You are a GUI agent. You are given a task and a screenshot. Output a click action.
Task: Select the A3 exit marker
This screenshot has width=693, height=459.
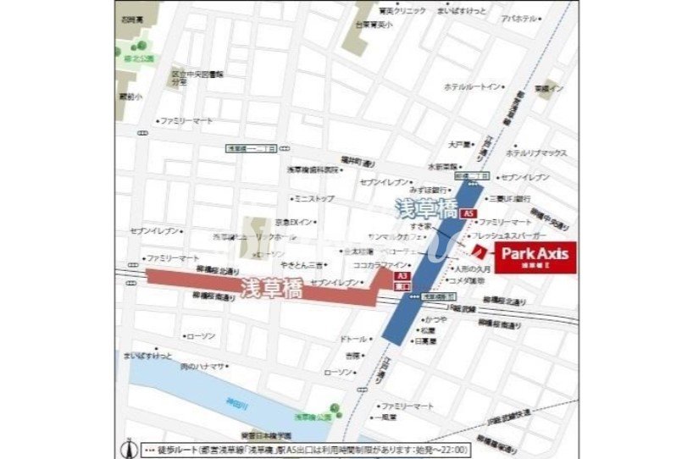point(403,276)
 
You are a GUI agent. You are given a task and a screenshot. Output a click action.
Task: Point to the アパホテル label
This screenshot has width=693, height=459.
point(518,18)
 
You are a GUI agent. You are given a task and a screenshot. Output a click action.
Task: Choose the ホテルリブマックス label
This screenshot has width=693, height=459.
point(538,153)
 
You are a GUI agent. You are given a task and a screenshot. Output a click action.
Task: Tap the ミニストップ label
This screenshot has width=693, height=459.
point(314,199)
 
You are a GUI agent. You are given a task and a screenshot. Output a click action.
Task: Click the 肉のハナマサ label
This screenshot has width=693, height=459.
point(202,366)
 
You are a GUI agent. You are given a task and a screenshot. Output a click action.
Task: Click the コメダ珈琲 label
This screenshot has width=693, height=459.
point(467,280)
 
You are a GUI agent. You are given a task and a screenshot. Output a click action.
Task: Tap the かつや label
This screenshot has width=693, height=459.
point(435,319)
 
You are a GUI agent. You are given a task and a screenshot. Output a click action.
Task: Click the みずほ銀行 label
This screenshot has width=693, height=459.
point(426,191)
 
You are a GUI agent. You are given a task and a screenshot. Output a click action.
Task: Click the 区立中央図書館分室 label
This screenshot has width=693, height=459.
point(197,79)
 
